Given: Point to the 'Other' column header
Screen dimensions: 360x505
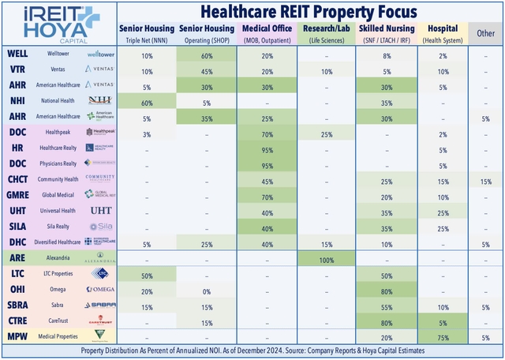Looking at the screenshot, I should click(x=486, y=34).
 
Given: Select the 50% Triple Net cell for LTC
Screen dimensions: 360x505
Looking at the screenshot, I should click(x=147, y=274).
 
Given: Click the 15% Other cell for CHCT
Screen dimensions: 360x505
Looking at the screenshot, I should click(x=486, y=181).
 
